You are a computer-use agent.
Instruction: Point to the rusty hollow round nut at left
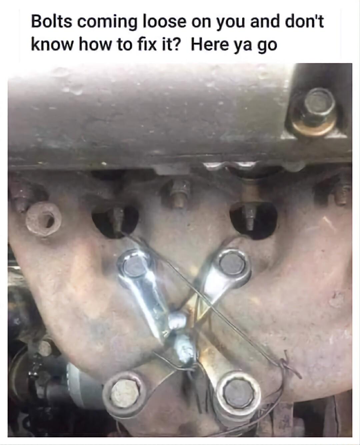[x=43, y=218]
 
